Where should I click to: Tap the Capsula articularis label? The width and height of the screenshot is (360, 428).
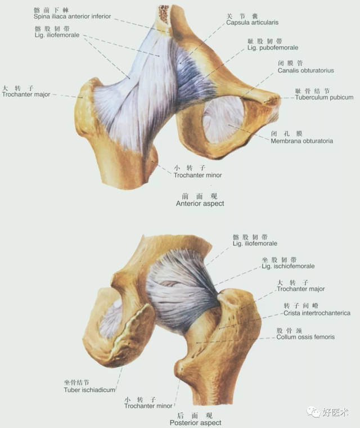pyautogui.click(x=252, y=22)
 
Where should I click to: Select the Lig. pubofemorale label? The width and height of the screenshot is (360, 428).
pyautogui.click(x=273, y=48)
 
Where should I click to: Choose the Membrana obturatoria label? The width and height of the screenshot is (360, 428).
pyautogui.click(x=301, y=141)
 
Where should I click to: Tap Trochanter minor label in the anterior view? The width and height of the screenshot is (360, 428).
pyautogui.click(x=197, y=175)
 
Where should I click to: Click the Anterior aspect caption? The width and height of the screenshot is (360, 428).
pyautogui.click(x=200, y=204)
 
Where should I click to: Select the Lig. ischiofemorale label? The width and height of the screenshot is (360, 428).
pyautogui.click(x=288, y=266)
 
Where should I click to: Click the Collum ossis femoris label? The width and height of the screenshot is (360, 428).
pyautogui.click(x=305, y=337)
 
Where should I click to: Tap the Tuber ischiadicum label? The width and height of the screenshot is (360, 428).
pyautogui.click(x=89, y=390)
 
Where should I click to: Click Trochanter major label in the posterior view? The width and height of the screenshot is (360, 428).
pyautogui.click(x=300, y=289)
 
